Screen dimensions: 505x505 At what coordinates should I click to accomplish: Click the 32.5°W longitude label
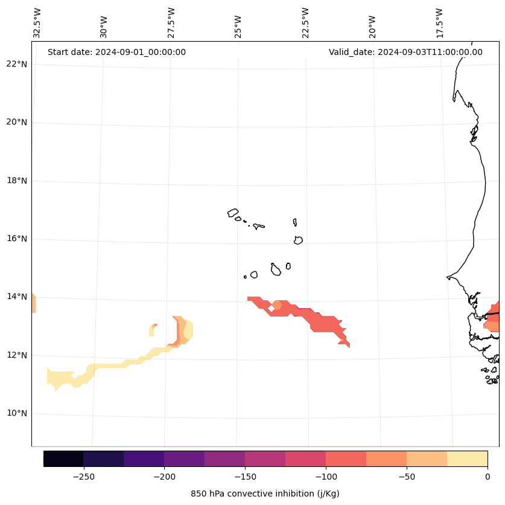point(37,23)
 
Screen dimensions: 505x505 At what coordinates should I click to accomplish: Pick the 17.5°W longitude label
point(440,23)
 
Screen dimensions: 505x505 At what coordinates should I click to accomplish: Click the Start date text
point(116,52)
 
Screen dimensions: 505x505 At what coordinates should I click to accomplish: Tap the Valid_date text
point(405,52)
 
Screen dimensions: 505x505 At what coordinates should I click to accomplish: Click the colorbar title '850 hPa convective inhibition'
point(265,494)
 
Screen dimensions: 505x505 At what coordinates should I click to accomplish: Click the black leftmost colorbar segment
point(63,459)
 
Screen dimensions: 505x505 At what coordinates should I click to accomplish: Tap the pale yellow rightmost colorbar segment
point(468,459)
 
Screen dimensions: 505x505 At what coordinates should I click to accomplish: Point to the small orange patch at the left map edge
point(33,303)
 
